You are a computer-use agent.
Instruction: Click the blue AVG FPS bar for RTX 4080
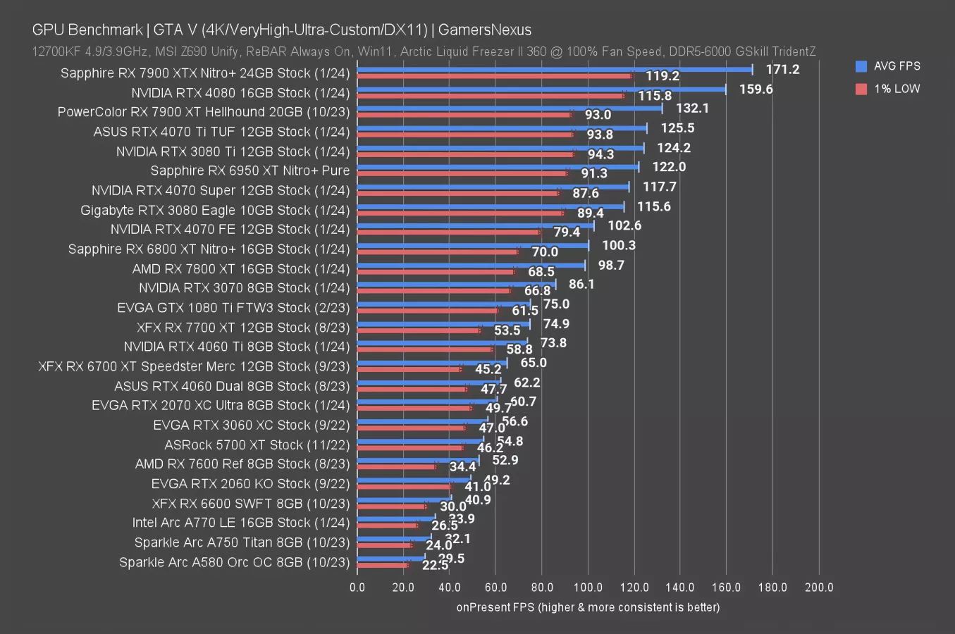click(541, 89)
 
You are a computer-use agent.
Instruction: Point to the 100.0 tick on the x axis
click(588, 588)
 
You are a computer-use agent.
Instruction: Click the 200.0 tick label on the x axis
click(818, 588)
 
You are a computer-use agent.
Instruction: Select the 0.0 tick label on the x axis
click(357, 588)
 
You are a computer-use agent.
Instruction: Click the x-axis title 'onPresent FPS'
click(588, 607)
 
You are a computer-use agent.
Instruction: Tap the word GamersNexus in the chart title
click(485, 30)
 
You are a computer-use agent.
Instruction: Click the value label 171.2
click(782, 69)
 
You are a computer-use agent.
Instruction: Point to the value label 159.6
click(756, 89)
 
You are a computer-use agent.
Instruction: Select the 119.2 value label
click(662, 76)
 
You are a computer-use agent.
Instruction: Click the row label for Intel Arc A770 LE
click(240, 523)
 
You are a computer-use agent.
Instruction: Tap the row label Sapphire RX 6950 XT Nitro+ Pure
click(249, 170)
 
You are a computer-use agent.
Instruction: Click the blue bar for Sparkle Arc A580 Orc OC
click(391, 558)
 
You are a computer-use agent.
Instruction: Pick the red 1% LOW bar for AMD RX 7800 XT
click(436, 271)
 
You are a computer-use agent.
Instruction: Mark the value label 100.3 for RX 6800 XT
click(618, 245)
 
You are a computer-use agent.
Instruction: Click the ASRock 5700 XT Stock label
click(257, 445)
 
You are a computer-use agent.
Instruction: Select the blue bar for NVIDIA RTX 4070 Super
click(493, 187)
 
